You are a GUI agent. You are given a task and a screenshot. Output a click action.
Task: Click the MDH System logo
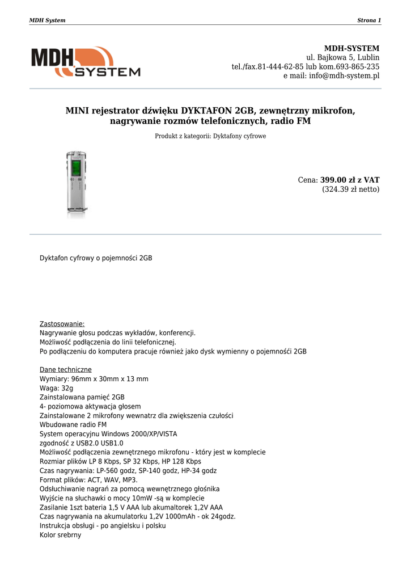click(x=86, y=62)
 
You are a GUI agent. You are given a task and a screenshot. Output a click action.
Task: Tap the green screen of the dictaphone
click(x=75, y=168)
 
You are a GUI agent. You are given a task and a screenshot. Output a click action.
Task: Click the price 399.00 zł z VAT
click(x=350, y=180)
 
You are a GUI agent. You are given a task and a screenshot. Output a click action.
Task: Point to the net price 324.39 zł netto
click(x=351, y=190)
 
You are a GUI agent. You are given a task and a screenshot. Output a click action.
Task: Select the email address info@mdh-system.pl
click(x=344, y=75)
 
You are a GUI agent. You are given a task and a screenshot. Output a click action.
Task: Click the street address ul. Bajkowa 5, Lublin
click(x=343, y=57)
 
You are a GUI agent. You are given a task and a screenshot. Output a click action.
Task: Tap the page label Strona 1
click(x=369, y=20)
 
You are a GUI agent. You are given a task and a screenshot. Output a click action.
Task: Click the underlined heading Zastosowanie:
click(x=62, y=324)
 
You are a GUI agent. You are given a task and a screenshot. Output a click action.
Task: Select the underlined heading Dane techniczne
click(x=65, y=370)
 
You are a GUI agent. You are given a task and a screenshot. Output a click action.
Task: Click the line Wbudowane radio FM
click(x=73, y=424)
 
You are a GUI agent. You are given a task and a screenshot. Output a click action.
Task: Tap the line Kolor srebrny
click(x=60, y=534)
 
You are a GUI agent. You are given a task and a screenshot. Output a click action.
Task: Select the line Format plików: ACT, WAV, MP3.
click(x=88, y=479)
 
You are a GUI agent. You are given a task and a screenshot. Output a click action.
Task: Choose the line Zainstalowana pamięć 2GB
click(x=82, y=397)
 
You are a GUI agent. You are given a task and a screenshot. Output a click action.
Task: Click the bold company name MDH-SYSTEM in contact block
click(x=351, y=48)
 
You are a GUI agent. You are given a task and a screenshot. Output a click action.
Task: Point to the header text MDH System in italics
click(x=47, y=20)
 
